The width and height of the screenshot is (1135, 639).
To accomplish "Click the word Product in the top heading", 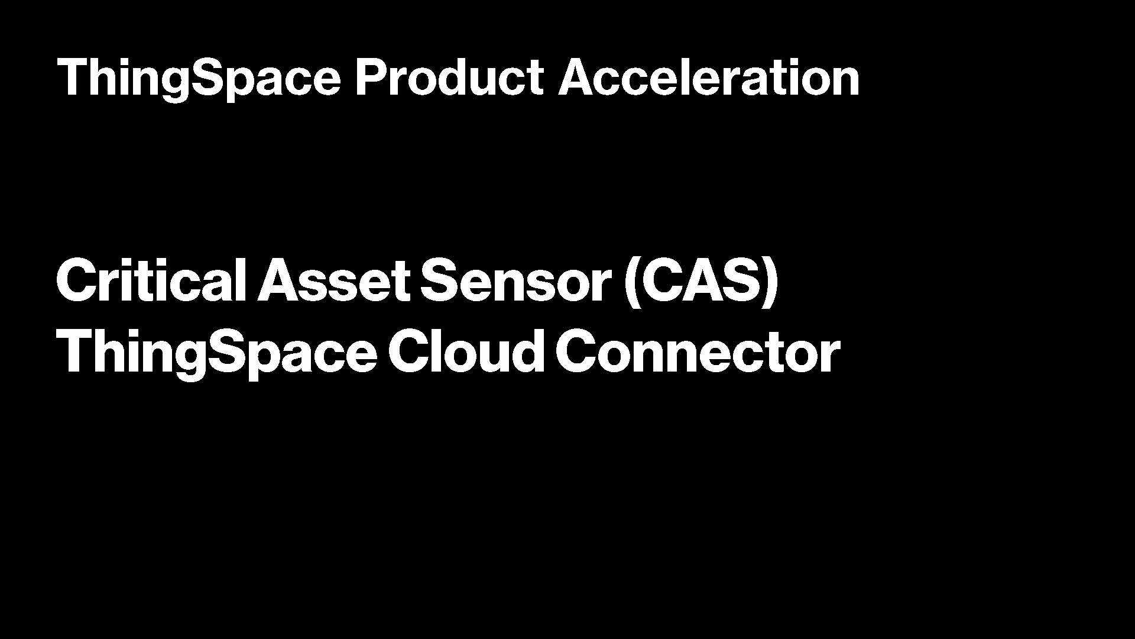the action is tap(449, 78).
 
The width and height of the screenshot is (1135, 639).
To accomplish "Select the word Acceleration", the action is tap(709, 78).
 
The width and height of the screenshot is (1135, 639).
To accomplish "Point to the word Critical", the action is tap(151, 280).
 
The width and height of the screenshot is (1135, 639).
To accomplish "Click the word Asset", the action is tap(333, 280).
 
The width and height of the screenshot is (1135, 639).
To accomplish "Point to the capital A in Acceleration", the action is tap(578, 78).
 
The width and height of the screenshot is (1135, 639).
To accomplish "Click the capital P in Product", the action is tap(371, 78).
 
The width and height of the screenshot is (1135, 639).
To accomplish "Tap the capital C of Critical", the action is tap(79, 280).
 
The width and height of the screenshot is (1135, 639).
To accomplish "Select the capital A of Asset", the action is tap(280, 280).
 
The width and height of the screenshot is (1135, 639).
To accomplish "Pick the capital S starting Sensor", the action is tap(440, 280).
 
